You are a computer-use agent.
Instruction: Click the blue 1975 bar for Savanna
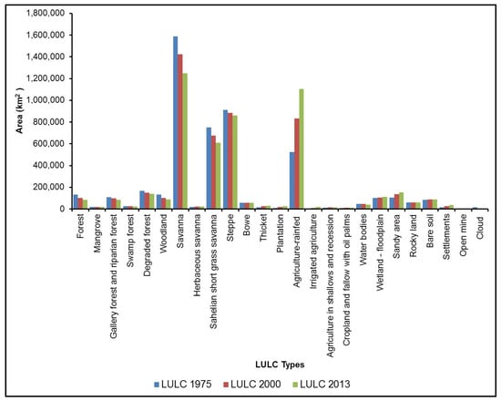pos(176,123)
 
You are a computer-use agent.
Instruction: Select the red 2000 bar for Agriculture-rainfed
pos(296,164)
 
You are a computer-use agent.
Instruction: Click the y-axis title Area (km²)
pos(19,109)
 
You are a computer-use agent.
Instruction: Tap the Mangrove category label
pos(95,236)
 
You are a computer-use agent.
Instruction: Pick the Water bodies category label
pos(363,242)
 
